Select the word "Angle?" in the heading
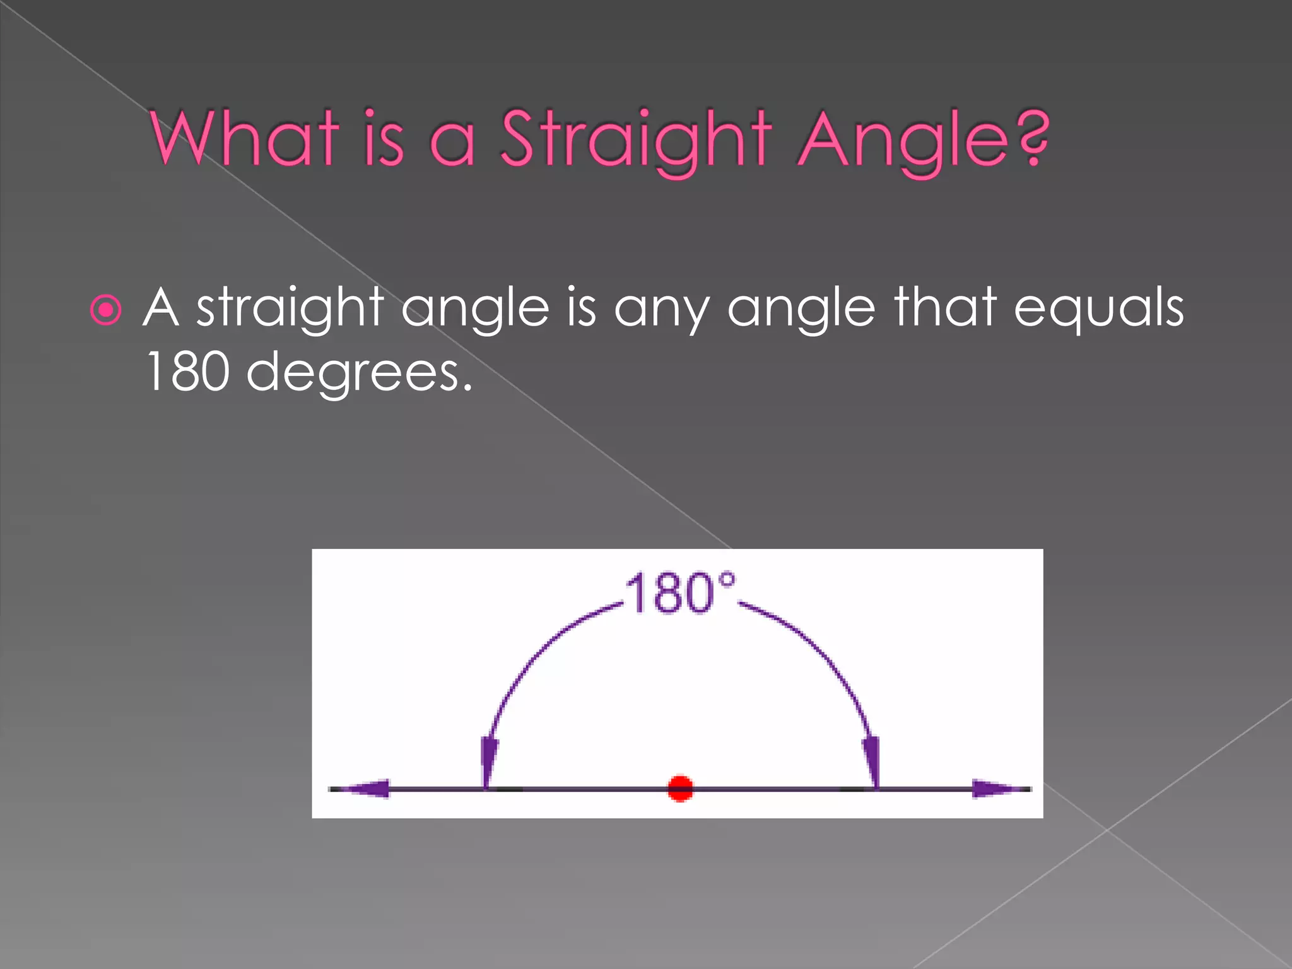tap(924, 140)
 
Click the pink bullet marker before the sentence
tap(105, 310)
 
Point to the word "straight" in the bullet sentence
tap(290, 308)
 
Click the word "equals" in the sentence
tap(1098, 308)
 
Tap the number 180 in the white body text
tap(187, 372)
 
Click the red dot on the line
tap(680, 789)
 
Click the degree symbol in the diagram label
tap(727, 580)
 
